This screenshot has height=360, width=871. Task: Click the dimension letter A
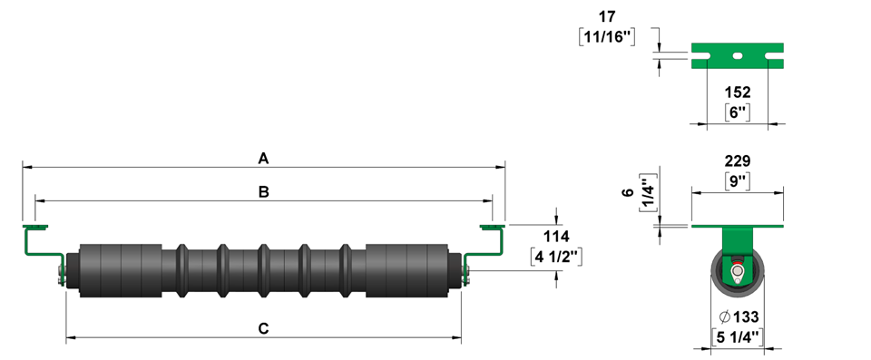click(x=263, y=159)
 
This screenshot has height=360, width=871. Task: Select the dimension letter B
click(x=264, y=192)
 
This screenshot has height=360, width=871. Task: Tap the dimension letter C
click(x=264, y=329)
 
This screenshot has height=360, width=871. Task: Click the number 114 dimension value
click(x=556, y=237)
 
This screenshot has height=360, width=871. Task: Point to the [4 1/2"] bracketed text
click(x=556, y=258)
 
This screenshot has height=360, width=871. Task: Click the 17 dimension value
click(x=607, y=16)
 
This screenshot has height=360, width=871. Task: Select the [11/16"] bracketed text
click(x=607, y=36)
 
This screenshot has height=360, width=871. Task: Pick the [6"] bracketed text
click(x=738, y=112)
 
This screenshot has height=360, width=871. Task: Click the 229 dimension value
click(x=738, y=161)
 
